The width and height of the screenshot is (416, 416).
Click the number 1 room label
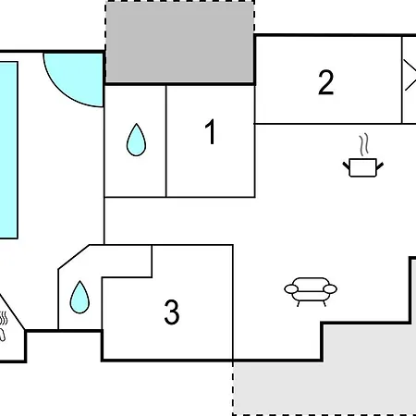click(x=211, y=132)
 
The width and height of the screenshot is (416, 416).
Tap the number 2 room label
click(x=326, y=82)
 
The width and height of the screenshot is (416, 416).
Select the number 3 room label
click(x=172, y=312)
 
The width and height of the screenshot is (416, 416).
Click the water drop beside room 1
click(x=136, y=140)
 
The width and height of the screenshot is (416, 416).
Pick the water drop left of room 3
click(x=80, y=297)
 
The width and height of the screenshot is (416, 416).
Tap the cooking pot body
click(x=363, y=167)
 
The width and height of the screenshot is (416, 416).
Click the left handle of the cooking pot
click(x=347, y=165)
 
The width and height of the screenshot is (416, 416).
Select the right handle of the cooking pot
click(x=380, y=165)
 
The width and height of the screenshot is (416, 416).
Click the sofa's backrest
click(x=311, y=282)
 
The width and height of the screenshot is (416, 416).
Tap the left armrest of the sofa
click(x=291, y=289)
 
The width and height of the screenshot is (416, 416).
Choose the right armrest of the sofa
click(x=330, y=289)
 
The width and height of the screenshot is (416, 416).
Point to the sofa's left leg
click(x=299, y=303)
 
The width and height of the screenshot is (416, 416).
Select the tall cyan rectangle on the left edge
click(x=8, y=150)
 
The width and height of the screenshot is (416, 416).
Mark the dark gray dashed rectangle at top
click(x=180, y=42)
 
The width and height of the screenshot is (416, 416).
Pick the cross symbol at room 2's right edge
click(x=410, y=76)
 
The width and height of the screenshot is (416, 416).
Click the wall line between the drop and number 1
click(x=166, y=141)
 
